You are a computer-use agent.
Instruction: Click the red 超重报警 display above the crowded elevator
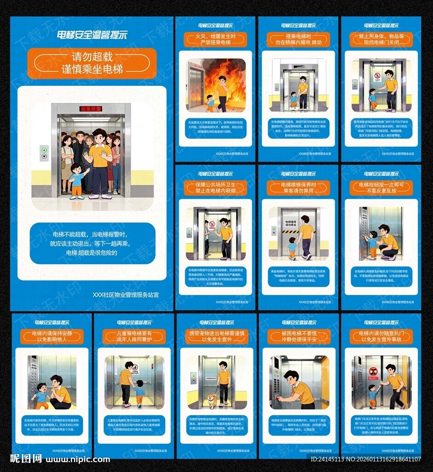91,109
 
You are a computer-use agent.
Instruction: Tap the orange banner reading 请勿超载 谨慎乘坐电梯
92,63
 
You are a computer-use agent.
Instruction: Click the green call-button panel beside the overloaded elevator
44,153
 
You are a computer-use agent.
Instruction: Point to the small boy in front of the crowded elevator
77,180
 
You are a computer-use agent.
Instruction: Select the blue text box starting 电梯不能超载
92,243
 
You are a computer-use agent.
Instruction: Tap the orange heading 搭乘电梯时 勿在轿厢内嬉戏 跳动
298,39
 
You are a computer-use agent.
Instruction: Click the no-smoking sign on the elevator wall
212,225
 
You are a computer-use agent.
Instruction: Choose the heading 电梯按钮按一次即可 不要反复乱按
381,188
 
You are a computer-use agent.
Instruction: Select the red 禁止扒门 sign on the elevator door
373,372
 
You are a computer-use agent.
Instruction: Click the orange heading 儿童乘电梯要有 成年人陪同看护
134,336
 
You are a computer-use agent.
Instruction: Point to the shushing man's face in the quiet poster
57,383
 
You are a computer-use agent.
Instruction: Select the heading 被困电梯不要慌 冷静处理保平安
299,336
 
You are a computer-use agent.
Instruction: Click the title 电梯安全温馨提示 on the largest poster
92,35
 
